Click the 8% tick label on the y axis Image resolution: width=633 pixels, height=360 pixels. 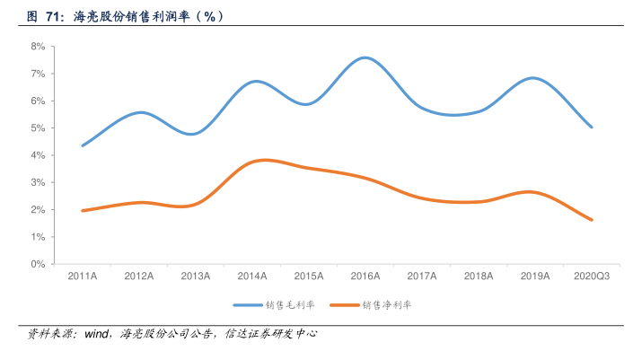coord(38,46)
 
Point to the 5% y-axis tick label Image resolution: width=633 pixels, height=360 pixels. coord(38,127)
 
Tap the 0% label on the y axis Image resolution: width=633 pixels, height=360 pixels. coord(38,264)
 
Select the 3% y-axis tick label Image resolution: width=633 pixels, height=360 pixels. coord(38,182)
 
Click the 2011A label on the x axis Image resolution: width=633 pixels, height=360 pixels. coord(83,277)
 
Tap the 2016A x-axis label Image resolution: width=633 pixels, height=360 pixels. coord(365,277)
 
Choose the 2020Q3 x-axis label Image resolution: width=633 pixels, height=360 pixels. coord(592,277)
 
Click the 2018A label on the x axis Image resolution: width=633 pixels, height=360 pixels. coord(478,277)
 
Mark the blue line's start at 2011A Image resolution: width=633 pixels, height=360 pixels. coord(83,145)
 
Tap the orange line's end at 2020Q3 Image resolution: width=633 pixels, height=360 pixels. coord(592,220)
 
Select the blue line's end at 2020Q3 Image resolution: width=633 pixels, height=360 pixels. coord(592,127)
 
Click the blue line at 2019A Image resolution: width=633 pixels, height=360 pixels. coord(535,78)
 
